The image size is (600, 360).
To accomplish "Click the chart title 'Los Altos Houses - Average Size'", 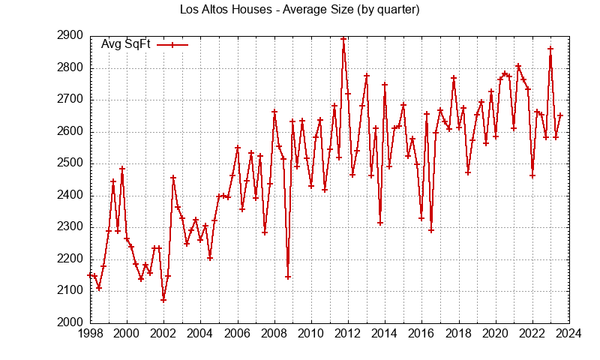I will [x=300, y=10].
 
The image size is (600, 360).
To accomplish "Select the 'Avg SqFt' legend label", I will [x=125, y=44].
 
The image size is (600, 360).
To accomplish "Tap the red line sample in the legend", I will [x=172, y=44].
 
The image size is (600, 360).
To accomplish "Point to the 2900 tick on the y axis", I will [x=70, y=36].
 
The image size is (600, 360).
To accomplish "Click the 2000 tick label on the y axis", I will [x=70, y=322].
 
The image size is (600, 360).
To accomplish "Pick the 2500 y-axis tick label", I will [x=70, y=163].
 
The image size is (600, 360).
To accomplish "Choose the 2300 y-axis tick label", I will [x=70, y=227].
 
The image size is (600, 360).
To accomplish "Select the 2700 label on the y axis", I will [x=70, y=100].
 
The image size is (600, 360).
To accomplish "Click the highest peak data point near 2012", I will [x=343, y=39].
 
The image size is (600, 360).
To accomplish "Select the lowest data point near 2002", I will [x=163, y=300].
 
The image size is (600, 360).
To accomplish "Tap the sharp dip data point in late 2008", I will [x=288, y=277].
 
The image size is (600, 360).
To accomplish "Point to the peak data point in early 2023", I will [x=550, y=49].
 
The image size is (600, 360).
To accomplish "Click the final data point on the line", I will [x=560, y=115].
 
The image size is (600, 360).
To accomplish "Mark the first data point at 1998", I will [x=90, y=275].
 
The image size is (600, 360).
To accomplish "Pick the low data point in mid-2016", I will [x=430, y=230].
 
